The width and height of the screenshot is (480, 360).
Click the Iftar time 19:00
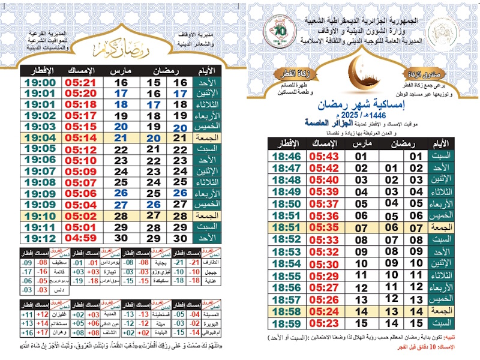pos(41,82)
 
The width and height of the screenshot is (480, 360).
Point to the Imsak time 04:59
pos(80,238)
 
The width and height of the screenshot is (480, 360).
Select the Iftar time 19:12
pos(41,238)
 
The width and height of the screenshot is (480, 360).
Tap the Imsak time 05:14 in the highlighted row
pos(80,137)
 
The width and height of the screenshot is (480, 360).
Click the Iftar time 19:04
pos(41,137)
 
